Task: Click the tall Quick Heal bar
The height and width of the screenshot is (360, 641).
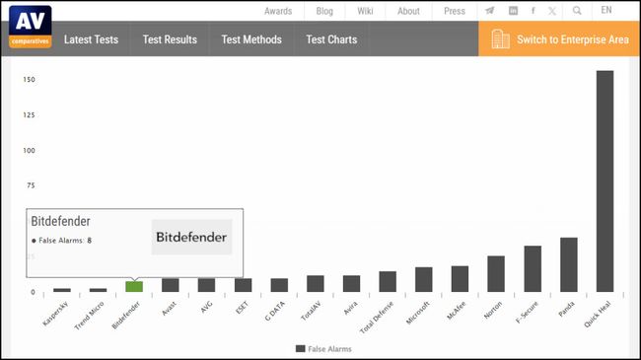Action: coord(605,180)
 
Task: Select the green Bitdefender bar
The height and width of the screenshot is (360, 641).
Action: coord(134,286)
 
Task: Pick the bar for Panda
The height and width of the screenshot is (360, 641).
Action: coord(568,264)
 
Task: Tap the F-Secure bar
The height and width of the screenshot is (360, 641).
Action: coord(533,268)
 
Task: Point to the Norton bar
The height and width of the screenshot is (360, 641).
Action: coord(496,273)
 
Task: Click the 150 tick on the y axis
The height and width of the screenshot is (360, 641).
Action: coord(30,80)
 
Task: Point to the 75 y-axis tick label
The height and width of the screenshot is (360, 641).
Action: coord(31,185)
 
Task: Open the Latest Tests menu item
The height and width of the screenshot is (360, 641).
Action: coord(91,39)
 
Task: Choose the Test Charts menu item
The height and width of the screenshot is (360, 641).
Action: coord(331,39)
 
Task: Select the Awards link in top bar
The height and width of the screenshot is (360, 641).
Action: coord(278,11)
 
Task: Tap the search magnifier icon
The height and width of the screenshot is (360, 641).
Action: coord(577,11)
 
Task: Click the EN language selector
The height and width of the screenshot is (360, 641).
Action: coord(605,11)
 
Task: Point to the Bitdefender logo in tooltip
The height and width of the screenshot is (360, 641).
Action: coord(191,237)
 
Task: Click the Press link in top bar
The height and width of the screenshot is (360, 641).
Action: coord(455,11)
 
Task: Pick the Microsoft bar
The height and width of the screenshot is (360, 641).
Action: coord(424,279)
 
